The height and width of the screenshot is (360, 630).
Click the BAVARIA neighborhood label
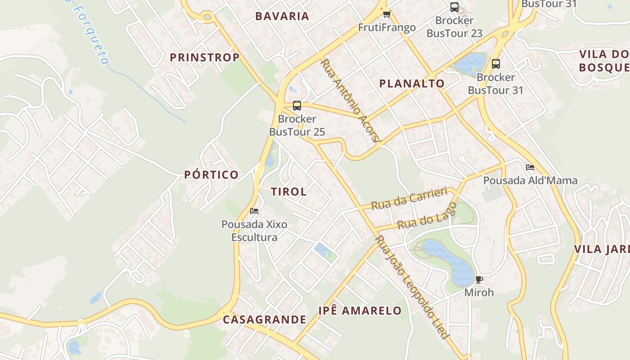(x=282, y=16)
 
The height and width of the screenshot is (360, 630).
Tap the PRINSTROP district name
(x=205, y=58)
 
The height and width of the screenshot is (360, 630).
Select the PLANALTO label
(x=412, y=83)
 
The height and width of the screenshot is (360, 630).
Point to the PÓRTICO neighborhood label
(x=211, y=175)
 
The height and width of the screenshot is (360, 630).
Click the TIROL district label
(x=289, y=191)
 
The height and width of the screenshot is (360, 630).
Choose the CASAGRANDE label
(x=265, y=319)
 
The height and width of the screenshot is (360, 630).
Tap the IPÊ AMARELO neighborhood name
(x=360, y=310)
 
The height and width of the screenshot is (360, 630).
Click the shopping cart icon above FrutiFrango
(x=387, y=14)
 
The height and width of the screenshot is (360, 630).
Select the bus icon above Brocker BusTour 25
(x=297, y=106)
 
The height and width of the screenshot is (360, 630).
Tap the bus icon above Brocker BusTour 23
(x=454, y=7)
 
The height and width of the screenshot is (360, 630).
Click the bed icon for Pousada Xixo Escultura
(x=254, y=211)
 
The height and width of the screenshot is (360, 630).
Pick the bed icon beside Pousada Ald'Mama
(x=530, y=167)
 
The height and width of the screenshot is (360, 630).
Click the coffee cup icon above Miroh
(x=479, y=279)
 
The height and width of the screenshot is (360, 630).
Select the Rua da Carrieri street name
(x=409, y=198)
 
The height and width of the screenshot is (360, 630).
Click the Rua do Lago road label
(x=427, y=216)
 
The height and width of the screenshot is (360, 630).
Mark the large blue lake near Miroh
(x=450, y=261)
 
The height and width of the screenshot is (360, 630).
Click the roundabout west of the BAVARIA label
(x=207, y=18)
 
